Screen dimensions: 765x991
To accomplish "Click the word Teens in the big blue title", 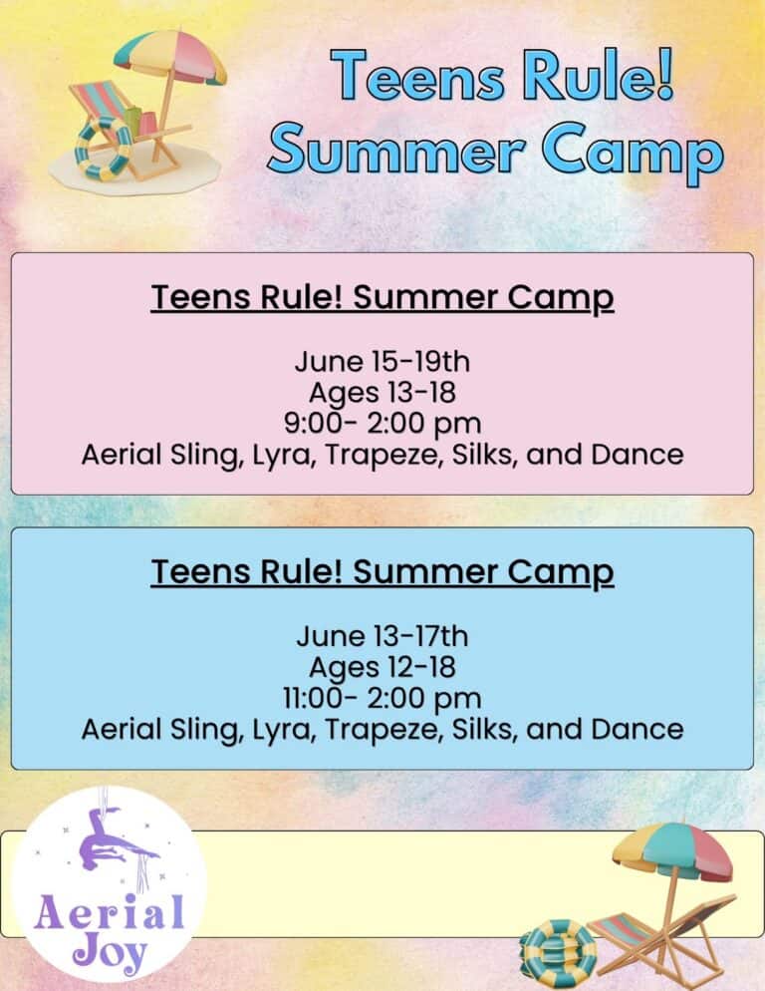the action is pos(417,77).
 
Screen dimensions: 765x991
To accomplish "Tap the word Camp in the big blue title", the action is pos(633,155).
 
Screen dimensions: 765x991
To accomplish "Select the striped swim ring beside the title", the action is pos(103,150).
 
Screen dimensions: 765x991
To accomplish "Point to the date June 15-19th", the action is pos(382,362).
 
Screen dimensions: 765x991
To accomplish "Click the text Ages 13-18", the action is pos(382,393).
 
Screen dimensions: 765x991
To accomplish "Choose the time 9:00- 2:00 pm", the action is pos(382,424).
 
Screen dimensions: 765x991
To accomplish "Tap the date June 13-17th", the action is pos(382,636).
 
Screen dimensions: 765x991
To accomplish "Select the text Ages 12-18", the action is pos(382,667).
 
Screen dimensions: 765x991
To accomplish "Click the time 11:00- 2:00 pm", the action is pos(382,698).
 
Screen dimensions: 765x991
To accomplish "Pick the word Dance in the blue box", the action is pos(637,729).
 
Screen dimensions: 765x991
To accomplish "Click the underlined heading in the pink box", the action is pos(382,298).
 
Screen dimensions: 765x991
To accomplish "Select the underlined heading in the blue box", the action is pos(382,572).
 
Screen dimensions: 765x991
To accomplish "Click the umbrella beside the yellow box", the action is pos(672,856).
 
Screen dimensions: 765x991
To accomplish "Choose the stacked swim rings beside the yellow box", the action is pos(557,953).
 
